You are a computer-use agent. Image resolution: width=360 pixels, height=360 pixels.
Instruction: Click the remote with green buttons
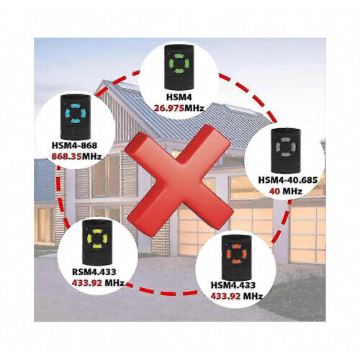[x=179, y=67]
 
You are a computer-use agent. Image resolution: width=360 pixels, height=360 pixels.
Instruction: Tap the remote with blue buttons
[x=75, y=117]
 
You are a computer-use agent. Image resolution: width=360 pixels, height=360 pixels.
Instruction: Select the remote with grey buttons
[x=285, y=150]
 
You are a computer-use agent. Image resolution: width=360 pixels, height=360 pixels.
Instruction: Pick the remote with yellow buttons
[x=97, y=243]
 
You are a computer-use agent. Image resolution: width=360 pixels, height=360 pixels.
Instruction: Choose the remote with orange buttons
[x=236, y=258]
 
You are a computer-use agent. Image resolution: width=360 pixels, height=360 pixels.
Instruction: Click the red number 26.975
[x=169, y=109]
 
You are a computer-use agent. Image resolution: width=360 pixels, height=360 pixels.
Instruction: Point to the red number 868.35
[x=67, y=157]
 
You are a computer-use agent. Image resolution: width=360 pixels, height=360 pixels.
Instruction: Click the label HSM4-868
[x=74, y=145]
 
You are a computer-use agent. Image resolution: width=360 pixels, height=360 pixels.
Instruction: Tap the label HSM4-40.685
[x=288, y=180]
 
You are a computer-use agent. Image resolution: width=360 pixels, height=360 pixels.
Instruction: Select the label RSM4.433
[x=94, y=271]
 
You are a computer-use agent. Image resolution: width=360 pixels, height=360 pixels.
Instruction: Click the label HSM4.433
[x=233, y=285]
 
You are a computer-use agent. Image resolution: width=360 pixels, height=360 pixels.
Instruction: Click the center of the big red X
[x=179, y=181]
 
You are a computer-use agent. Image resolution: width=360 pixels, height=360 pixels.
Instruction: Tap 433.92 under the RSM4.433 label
[x=86, y=283]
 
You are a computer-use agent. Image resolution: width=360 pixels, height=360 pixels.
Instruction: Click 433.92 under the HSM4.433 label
[x=225, y=297]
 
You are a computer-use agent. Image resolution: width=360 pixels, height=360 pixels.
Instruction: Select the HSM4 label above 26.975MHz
[x=179, y=97]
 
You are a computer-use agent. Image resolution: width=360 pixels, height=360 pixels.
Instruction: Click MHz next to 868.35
[x=92, y=157]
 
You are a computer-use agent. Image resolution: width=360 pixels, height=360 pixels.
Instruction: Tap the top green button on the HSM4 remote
[x=179, y=57]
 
